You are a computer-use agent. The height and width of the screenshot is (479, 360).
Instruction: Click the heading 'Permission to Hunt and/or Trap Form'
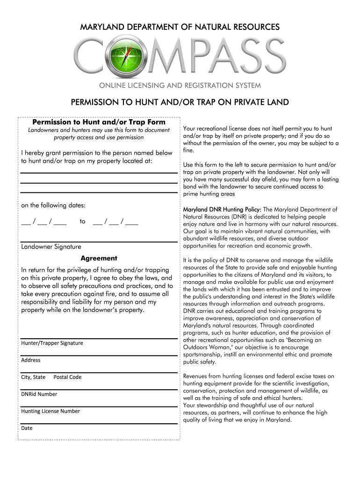[99, 122]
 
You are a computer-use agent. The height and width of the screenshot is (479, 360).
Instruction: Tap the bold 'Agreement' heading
[99, 258]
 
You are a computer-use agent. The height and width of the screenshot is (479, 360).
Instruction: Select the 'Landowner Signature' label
[51, 247]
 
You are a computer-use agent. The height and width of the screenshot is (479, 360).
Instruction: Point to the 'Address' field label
[31, 360]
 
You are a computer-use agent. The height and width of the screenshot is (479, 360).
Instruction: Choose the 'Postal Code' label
[67, 377]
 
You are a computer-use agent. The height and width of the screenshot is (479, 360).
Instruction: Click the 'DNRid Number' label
[39, 394]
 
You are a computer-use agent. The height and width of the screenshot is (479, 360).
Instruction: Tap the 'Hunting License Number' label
[50, 411]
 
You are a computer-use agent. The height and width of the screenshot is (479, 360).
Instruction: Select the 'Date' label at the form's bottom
[27, 428]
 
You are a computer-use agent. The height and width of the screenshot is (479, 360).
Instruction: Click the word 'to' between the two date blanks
[83, 222]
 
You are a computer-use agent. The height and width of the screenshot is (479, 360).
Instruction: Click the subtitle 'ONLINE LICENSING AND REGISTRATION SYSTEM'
[180, 86]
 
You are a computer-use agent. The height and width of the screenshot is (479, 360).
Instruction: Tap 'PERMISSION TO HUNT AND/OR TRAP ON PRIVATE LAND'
[180, 102]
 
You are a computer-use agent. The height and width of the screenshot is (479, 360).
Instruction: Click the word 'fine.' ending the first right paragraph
[189, 151]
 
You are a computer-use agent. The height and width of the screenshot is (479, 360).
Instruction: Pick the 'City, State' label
[33, 377]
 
